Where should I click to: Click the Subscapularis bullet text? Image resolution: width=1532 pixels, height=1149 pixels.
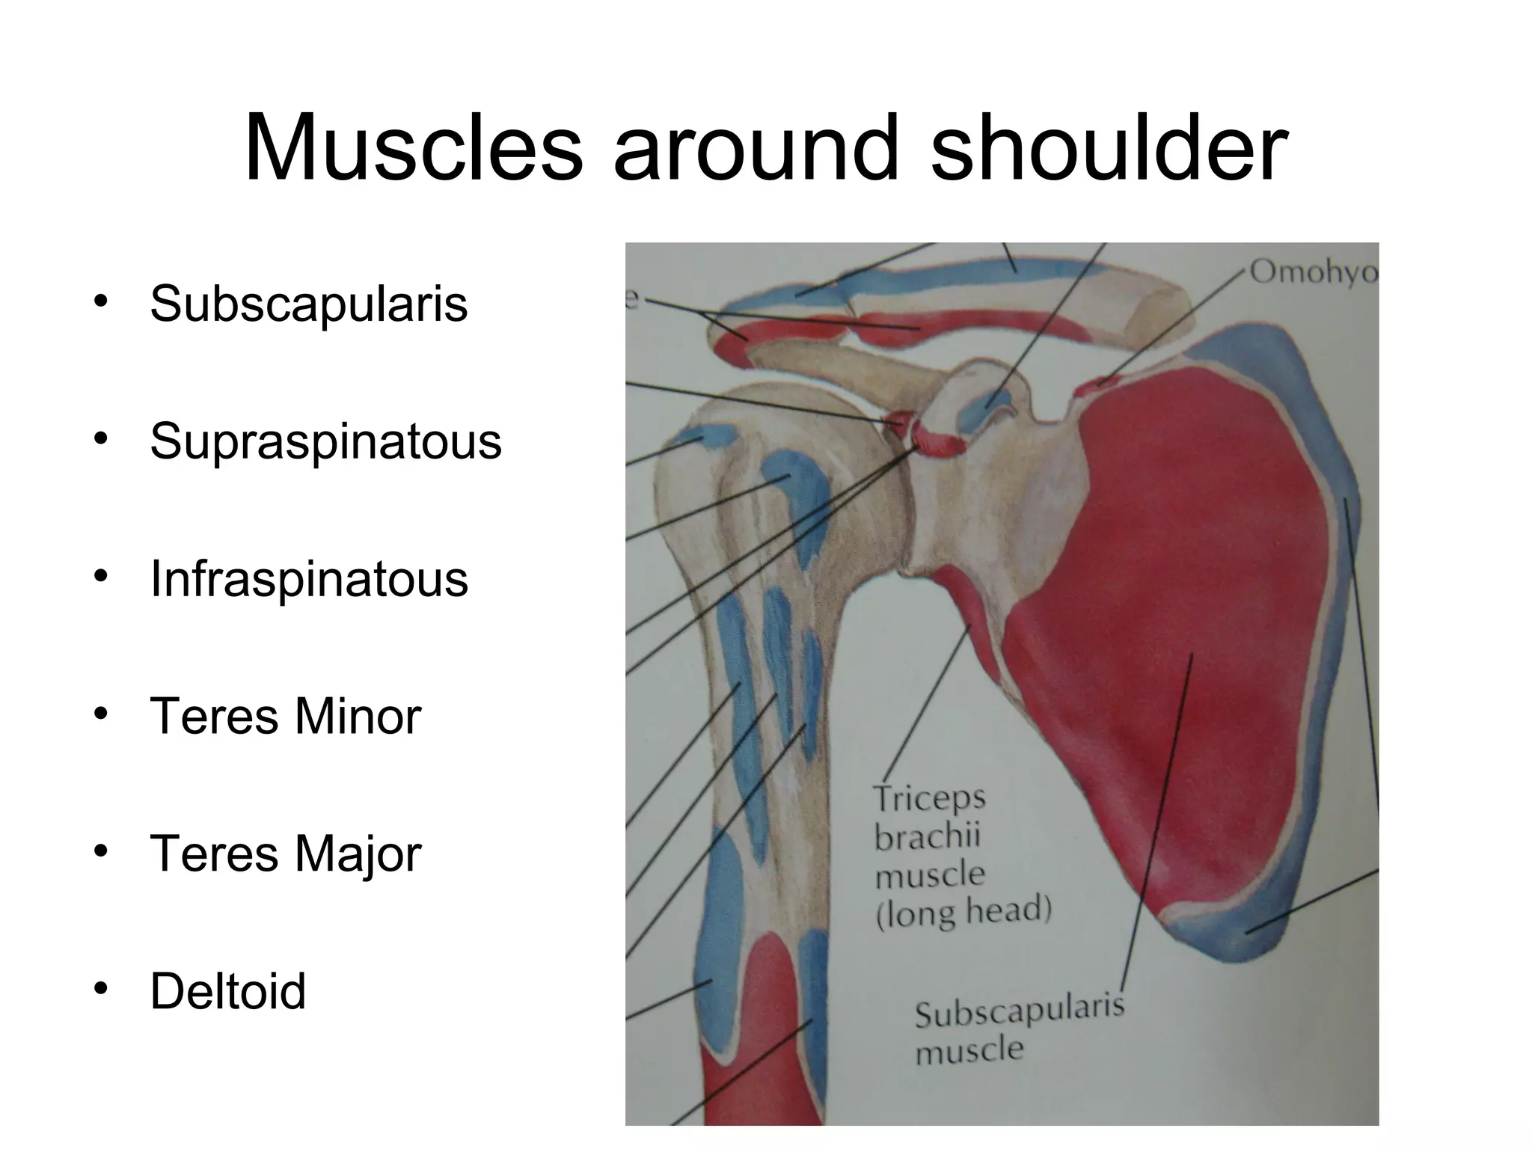[x=308, y=304]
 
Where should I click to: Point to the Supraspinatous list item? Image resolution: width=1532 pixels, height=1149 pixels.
[x=325, y=441]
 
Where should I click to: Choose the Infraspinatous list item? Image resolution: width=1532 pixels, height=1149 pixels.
[x=308, y=579]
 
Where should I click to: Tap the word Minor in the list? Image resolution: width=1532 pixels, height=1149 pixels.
[x=358, y=716]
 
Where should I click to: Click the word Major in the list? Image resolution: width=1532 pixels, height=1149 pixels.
[x=358, y=854]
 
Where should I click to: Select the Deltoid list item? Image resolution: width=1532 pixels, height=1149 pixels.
[x=228, y=991]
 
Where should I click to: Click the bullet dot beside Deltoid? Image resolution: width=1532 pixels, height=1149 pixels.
[x=99, y=990]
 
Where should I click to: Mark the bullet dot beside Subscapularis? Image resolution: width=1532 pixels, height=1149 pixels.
[x=99, y=302]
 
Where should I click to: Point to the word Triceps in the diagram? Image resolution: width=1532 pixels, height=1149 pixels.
[x=930, y=799]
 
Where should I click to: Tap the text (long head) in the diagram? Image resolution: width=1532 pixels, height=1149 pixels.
[x=963, y=912]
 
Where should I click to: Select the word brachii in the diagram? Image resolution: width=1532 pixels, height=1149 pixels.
[x=928, y=836]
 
